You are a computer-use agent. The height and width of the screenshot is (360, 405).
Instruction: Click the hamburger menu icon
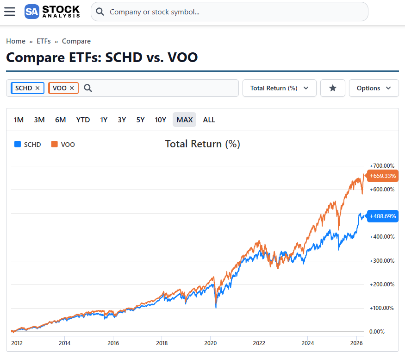[x=10, y=12]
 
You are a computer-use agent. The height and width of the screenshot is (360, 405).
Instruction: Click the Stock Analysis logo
[x=52, y=12]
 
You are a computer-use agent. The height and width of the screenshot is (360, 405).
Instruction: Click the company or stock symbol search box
[x=229, y=12]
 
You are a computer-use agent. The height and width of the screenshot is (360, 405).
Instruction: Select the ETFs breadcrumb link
[x=44, y=41]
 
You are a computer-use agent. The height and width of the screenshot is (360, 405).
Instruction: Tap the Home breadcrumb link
[x=16, y=41]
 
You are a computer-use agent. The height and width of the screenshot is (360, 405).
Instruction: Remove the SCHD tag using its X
[x=37, y=88]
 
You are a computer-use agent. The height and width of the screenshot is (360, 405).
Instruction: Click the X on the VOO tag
[x=72, y=88]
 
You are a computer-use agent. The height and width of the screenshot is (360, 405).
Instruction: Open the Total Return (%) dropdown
[x=279, y=88]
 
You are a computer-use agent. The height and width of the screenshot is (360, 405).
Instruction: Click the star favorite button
[x=332, y=88]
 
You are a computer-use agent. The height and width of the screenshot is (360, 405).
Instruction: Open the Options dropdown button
[x=374, y=88]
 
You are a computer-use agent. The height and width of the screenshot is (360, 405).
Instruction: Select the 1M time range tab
[x=19, y=120]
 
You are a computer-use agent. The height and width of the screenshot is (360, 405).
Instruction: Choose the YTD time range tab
[x=83, y=120]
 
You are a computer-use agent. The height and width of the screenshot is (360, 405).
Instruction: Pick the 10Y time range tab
[x=160, y=120]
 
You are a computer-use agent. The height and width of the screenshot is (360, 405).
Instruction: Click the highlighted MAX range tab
[x=184, y=120]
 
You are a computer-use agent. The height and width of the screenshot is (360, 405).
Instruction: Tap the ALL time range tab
[x=209, y=120]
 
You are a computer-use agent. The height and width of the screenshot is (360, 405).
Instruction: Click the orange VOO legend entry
[x=63, y=145]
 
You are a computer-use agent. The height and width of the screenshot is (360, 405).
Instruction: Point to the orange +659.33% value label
[x=383, y=176]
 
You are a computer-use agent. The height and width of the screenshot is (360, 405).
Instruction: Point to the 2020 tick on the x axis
[x=210, y=343]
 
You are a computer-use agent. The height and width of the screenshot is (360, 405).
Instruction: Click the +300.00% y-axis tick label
[x=382, y=260]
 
